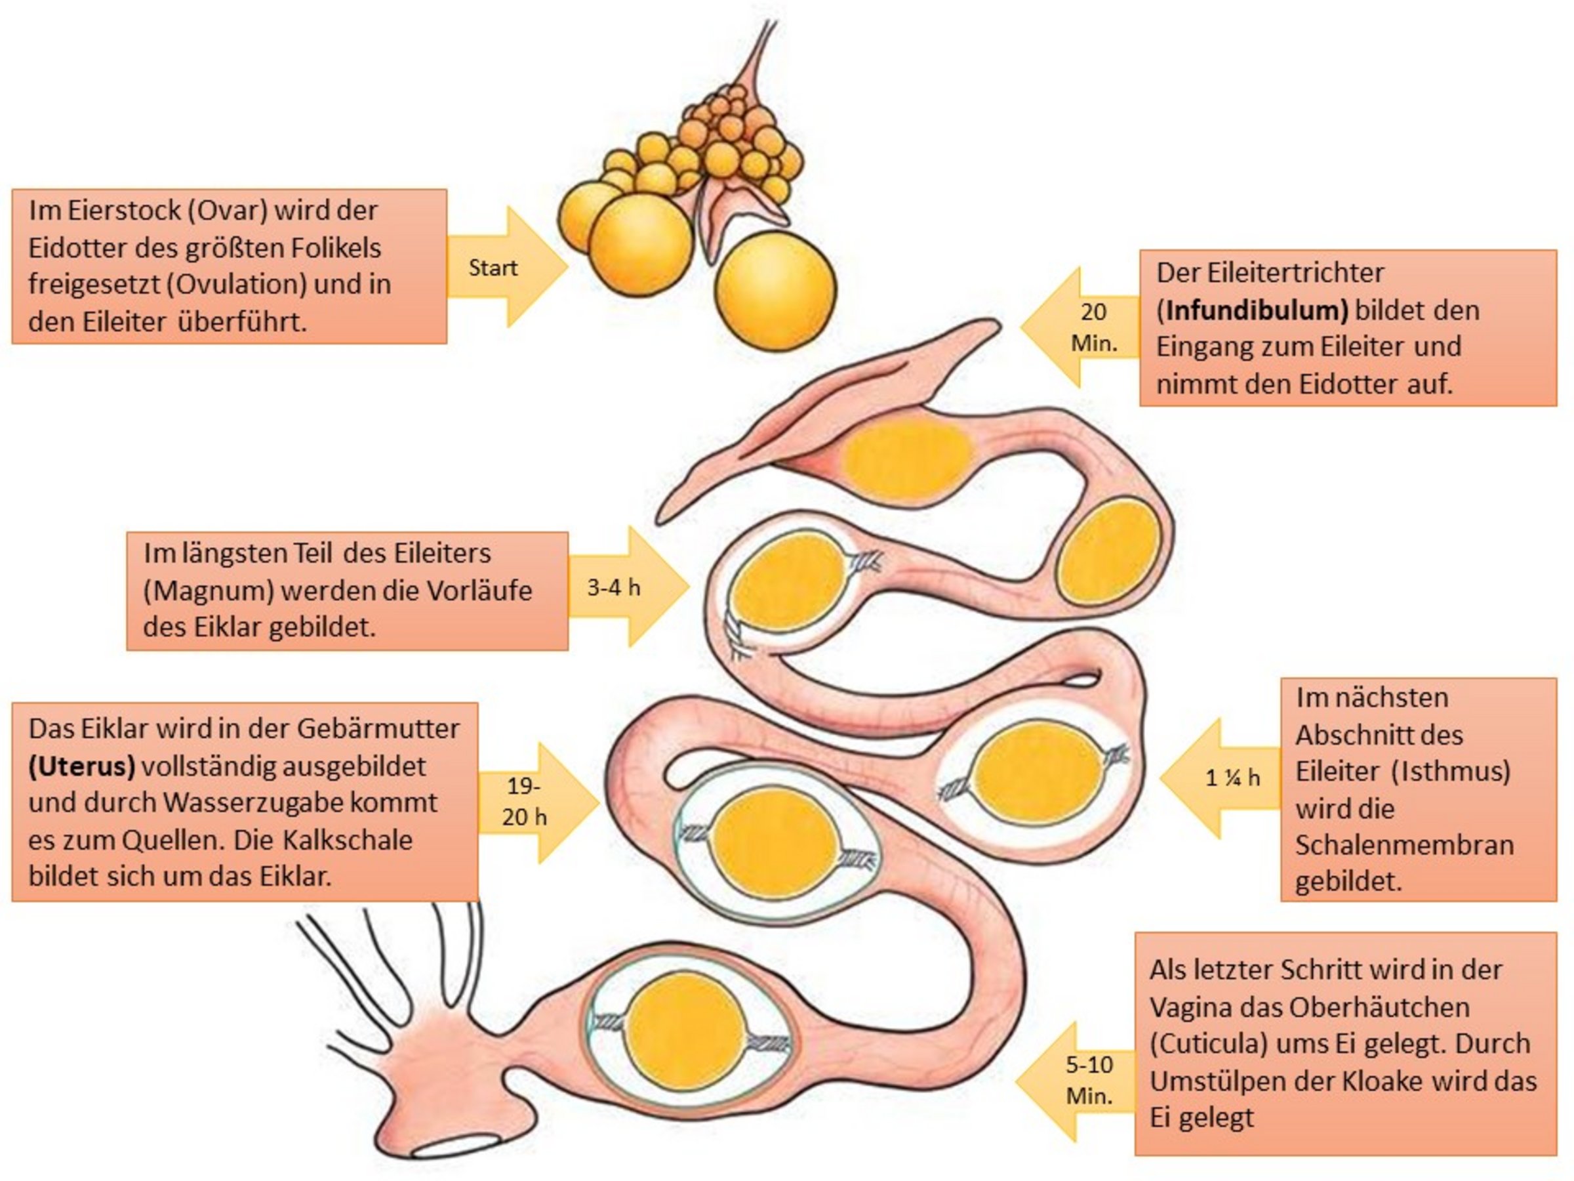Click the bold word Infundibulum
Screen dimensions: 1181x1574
(x=1256, y=310)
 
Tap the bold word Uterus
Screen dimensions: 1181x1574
(x=82, y=766)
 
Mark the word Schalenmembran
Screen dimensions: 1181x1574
(x=1404, y=845)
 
